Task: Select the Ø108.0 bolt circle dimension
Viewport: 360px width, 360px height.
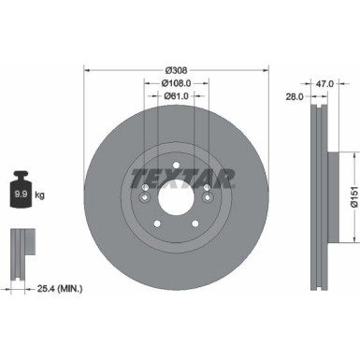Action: coord(177,83)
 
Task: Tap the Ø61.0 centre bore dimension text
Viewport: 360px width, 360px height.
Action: coord(177,95)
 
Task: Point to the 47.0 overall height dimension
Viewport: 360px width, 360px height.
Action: coord(325,83)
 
